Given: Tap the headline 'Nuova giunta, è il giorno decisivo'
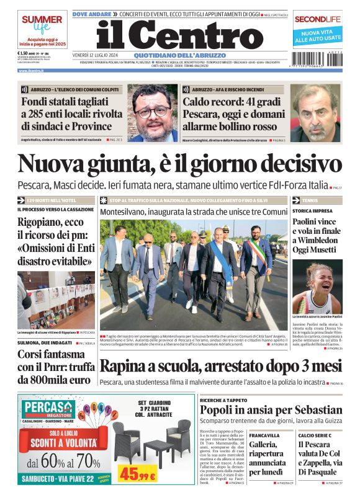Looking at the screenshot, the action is coord(179,164).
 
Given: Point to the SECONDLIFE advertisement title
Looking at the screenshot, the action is coord(318,19).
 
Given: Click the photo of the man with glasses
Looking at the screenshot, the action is coord(152,113).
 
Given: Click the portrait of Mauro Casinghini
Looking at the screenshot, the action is coord(315,113).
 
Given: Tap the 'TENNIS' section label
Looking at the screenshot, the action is coord(311,201).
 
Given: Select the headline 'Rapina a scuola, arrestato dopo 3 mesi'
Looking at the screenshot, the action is coord(221,366).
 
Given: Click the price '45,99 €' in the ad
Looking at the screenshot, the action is coord(138,475).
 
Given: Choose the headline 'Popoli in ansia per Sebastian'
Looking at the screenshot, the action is coord(271,410).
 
